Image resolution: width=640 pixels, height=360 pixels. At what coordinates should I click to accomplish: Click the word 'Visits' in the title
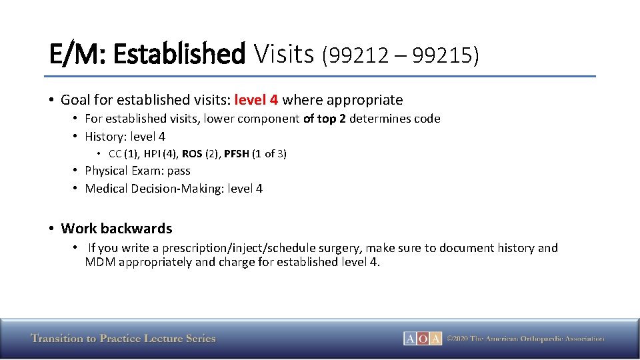click(283, 54)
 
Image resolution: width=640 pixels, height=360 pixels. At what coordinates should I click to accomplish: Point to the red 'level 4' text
click(256, 100)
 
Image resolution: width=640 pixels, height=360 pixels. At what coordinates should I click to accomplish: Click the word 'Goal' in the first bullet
click(75, 100)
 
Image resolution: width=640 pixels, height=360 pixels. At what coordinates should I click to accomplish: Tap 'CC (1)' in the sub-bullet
click(121, 154)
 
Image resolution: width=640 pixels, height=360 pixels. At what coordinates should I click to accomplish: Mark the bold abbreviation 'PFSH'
click(237, 154)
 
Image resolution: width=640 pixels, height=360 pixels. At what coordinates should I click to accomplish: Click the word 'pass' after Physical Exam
click(179, 171)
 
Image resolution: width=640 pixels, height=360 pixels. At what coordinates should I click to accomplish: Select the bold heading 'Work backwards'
click(117, 229)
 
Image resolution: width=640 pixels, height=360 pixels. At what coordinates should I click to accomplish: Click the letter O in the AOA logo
click(423, 339)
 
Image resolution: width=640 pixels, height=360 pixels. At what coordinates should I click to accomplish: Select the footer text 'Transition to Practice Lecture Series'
click(123, 339)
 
